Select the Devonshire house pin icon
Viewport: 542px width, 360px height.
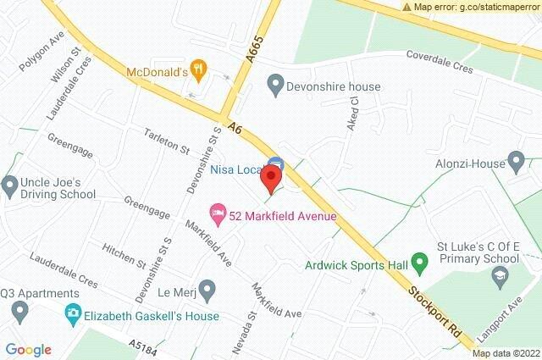coord(274,86)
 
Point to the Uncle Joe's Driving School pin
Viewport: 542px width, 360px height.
coord(10,185)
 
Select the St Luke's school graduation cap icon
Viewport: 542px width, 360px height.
coord(501,276)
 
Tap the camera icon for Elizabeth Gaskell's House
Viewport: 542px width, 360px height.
coord(74,315)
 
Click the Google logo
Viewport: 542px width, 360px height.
coord(28,350)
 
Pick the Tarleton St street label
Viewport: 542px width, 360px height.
coord(167,142)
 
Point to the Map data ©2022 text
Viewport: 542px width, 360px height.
coord(505,353)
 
